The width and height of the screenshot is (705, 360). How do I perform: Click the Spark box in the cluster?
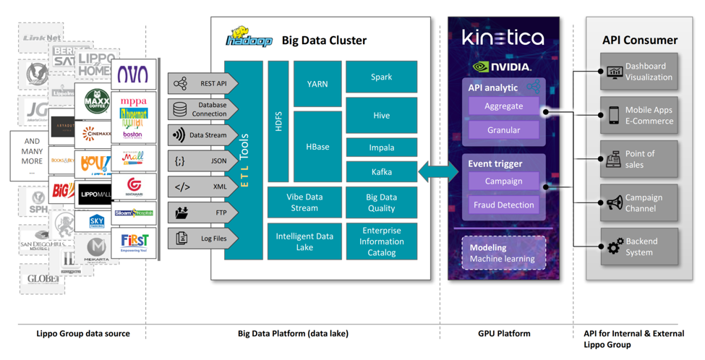(x=381, y=77)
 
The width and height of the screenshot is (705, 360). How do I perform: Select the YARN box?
(x=317, y=84)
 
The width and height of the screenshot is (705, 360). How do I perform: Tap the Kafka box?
(x=381, y=172)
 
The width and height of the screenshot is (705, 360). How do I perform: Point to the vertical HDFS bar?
(x=278, y=121)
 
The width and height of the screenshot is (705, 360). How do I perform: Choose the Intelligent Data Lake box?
(x=304, y=241)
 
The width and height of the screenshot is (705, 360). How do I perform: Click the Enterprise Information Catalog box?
(x=381, y=241)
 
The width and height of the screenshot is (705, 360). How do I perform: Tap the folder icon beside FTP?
(x=181, y=213)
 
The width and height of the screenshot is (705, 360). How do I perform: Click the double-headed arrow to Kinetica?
(x=438, y=172)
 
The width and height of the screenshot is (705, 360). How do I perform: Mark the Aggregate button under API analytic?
(x=503, y=106)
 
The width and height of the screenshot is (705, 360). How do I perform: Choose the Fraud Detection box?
(x=503, y=205)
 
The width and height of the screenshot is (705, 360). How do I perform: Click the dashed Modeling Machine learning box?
(x=503, y=253)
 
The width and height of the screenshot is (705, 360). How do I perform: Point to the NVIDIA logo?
(x=502, y=67)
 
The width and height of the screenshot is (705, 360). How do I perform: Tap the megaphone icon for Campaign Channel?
(x=615, y=203)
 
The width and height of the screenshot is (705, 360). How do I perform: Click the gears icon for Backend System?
(x=615, y=247)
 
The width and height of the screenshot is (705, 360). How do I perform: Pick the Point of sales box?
(x=639, y=159)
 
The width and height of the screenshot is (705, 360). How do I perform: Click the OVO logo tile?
(x=133, y=74)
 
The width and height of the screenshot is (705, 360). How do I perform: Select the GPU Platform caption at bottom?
(x=504, y=334)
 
